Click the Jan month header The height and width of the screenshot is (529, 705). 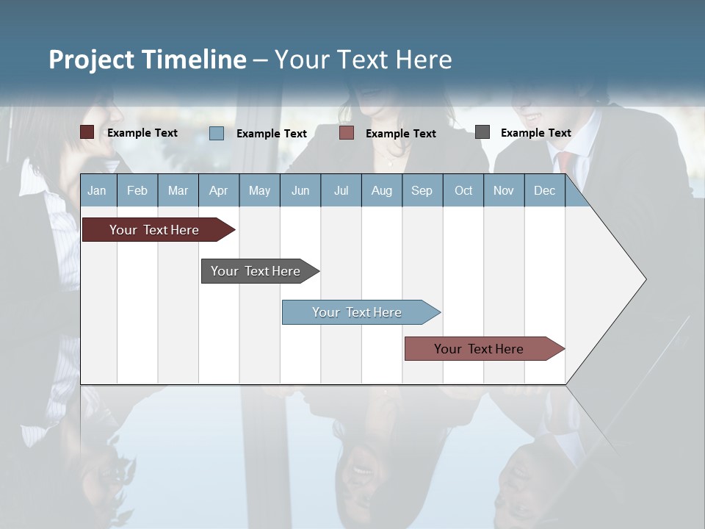tap(97, 191)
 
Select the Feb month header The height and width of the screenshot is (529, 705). tap(137, 191)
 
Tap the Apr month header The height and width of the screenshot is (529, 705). tap(218, 191)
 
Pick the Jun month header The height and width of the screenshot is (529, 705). tap(300, 191)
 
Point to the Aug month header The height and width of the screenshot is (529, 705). tap(381, 191)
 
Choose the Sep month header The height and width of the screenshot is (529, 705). tap(422, 191)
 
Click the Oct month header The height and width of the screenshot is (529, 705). tap(463, 191)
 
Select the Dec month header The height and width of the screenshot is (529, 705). tap(544, 191)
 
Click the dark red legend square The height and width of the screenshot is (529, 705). tap(87, 132)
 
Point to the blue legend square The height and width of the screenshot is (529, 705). tap(217, 133)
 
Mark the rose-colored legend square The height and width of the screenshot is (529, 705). tap(347, 133)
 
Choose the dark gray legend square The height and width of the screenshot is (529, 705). tap(482, 132)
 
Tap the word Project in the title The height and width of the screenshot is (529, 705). tap(91, 60)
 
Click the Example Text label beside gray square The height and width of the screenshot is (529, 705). tap(535, 133)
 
